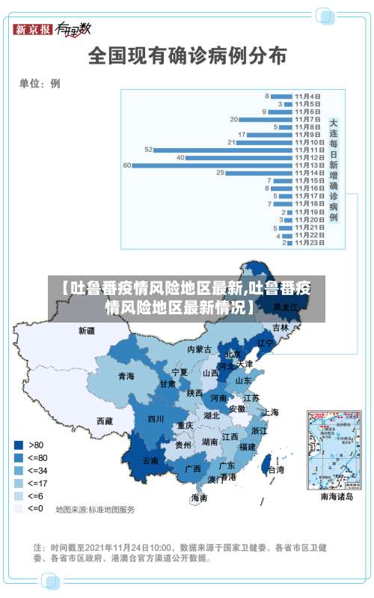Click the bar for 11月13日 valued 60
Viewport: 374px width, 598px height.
[x=202, y=165]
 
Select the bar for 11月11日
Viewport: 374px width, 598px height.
[x=212, y=150]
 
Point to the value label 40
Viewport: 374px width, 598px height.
[x=180, y=157]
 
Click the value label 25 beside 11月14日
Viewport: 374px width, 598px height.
[x=220, y=173]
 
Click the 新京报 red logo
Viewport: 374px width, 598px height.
[x=33, y=30]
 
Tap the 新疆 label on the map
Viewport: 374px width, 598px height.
[x=87, y=330]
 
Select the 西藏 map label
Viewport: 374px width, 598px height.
[x=104, y=421]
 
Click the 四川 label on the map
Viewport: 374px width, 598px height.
[x=155, y=418]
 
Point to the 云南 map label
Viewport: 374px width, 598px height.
[x=150, y=461]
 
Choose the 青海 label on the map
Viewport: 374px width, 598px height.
[x=126, y=376]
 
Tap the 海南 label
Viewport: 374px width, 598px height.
[x=198, y=497]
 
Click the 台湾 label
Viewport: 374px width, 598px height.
[x=275, y=470]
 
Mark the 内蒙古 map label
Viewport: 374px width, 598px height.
[x=200, y=349]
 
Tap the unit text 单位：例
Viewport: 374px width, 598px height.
[x=40, y=84]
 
